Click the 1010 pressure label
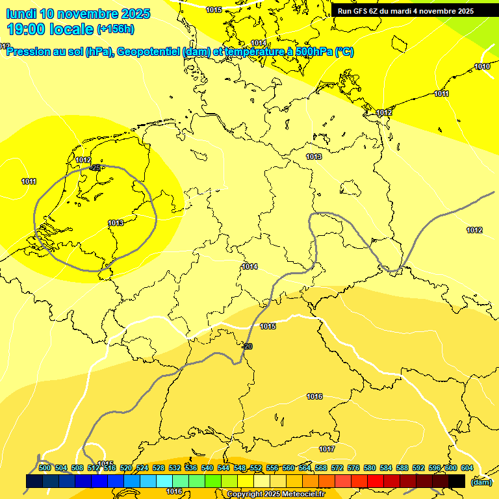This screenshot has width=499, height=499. (x=481, y=67)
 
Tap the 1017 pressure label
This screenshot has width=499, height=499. (x=327, y=450)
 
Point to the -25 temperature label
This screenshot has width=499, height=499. (x=96, y=168)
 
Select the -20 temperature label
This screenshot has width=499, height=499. (x=247, y=347)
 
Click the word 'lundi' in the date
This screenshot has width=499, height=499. (x=21, y=14)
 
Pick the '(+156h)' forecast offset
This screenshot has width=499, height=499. (x=116, y=29)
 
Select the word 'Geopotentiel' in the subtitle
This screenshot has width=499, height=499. (x=148, y=52)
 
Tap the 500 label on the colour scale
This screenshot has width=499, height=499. (x=45, y=468)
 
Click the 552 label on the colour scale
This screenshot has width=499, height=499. (x=256, y=468)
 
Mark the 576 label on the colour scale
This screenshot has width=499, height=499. (x=353, y=468)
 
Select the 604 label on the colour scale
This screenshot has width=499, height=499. (x=467, y=468)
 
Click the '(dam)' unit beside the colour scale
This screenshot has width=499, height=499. (x=481, y=481)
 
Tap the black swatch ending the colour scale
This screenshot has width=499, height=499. (x=457, y=481)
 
